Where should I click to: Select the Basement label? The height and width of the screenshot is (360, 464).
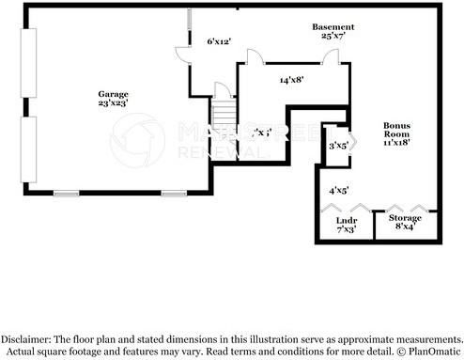click(x=333, y=26)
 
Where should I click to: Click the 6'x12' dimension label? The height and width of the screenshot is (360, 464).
click(x=219, y=41)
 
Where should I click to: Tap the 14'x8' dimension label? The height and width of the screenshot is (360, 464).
click(x=290, y=81)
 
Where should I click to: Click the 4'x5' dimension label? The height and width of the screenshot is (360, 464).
click(x=338, y=190)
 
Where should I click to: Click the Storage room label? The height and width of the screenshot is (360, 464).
click(x=406, y=217)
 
